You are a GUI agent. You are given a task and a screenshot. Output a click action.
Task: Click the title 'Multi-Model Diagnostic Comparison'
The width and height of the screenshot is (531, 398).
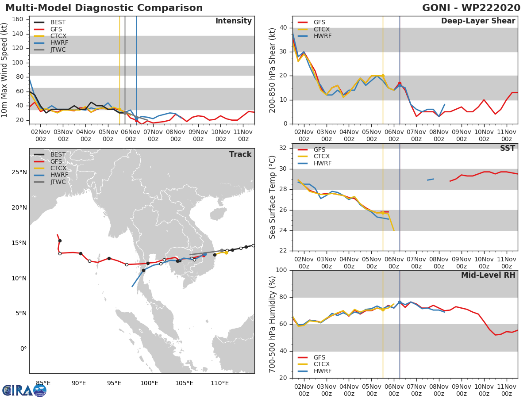(104, 8)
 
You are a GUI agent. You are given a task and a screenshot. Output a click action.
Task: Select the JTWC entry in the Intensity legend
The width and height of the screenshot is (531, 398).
(58, 50)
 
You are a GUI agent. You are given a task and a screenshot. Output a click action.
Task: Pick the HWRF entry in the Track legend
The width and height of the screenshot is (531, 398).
(58, 175)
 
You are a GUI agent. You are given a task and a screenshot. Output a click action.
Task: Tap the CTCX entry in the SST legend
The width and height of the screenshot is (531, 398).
(321, 157)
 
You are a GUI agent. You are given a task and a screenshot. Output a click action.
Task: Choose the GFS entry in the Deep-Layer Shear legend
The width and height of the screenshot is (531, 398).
(319, 22)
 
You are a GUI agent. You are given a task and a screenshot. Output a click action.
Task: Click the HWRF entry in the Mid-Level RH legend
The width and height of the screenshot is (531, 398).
(322, 371)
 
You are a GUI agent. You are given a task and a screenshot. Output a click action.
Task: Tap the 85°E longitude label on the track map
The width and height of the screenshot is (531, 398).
(43, 383)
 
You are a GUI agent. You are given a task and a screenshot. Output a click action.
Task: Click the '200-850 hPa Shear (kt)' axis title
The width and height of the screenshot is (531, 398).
(273, 70)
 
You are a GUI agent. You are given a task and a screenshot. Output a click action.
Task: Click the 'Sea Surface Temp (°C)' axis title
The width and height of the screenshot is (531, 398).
(273, 197)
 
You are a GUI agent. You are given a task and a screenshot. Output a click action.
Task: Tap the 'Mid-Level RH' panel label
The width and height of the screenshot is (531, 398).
(488, 276)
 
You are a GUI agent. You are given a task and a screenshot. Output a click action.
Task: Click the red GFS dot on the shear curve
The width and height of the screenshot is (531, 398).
(400, 84)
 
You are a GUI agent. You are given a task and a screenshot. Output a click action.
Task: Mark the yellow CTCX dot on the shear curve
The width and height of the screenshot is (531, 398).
(383, 76)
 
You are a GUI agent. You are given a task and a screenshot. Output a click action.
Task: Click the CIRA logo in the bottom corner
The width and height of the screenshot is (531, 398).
(24, 390)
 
